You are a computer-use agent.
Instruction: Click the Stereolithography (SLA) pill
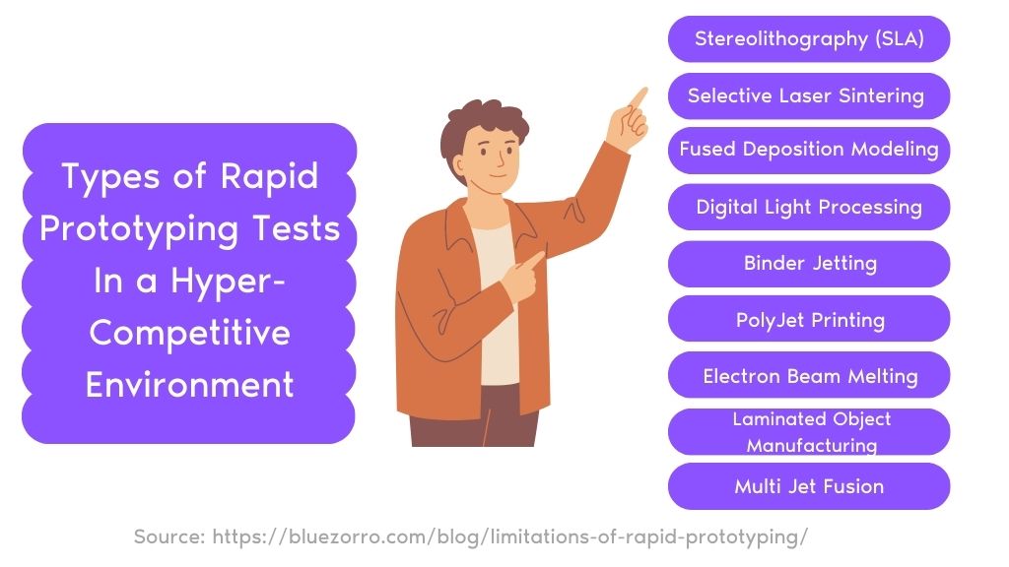[x=809, y=39]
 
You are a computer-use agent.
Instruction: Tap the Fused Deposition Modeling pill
[x=809, y=151]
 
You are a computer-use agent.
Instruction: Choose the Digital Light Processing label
[x=809, y=207]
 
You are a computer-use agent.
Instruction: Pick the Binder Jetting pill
[x=809, y=264]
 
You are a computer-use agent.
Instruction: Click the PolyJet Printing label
[x=810, y=320]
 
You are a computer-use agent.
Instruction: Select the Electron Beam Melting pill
[x=809, y=375]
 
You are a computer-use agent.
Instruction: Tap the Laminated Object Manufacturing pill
[x=809, y=431]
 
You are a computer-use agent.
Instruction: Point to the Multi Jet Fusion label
[x=809, y=486]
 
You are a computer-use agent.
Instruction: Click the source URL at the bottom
[x=509, y=536]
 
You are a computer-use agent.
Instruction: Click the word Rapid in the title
[x=269, y=177]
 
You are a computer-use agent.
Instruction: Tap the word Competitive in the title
[x=190, y=333]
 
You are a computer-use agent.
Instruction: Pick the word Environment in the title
[x=190, y=385]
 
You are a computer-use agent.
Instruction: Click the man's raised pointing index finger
[x=638, y=98]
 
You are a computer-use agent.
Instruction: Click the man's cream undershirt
[x=497, y=302]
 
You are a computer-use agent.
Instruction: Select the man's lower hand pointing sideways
[x=523, y=278]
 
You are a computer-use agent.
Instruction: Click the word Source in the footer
[x=169, y=536]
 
